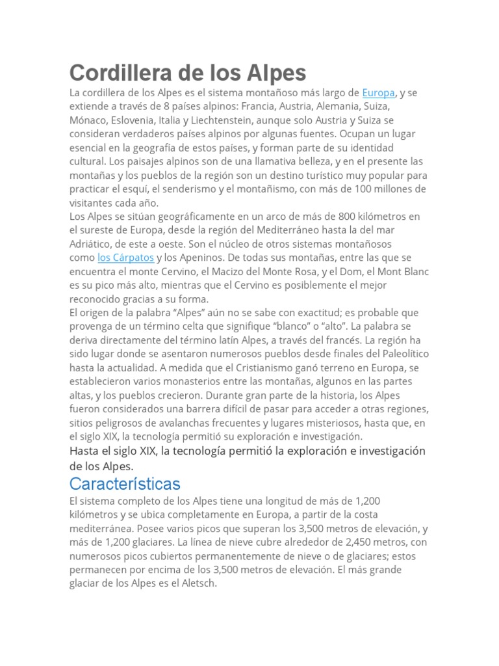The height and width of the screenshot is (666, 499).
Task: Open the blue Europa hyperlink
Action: click(x=378, y=93)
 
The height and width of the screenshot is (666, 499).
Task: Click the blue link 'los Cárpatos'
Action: click(x=126, y=258)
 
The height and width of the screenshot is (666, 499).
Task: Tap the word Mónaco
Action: click(x=88, y=120)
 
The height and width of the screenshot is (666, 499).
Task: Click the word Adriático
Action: click(x=91, y=244)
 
